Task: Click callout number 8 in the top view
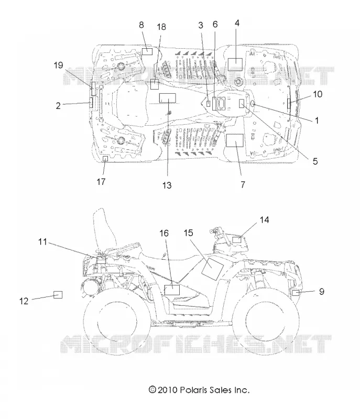(x=141, y=25)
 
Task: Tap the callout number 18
(x=161, y=27)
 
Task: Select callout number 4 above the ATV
(x=237, y=23)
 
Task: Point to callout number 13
(x=167, y=185)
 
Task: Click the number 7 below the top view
(x=243, y=184)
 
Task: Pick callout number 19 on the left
(x=58, y=65)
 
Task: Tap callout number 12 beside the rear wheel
(x=24, y=301)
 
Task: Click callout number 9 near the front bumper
(x=322, y=291)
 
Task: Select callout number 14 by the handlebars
(x=264, y=220)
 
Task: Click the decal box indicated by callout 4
(x=235, y=64)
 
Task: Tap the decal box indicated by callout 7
(x=235, y=140)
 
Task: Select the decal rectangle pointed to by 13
(x=168, y=98)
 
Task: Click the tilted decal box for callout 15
(x=212, y=269)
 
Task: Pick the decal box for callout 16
(x=172, y=290)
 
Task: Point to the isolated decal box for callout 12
(x=58, y=295)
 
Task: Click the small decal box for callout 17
(x=105, y=159)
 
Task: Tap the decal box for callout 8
(x=147, y=51)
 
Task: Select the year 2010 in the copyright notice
(x=167, y=390)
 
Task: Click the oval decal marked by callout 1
(x=253, y=104)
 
